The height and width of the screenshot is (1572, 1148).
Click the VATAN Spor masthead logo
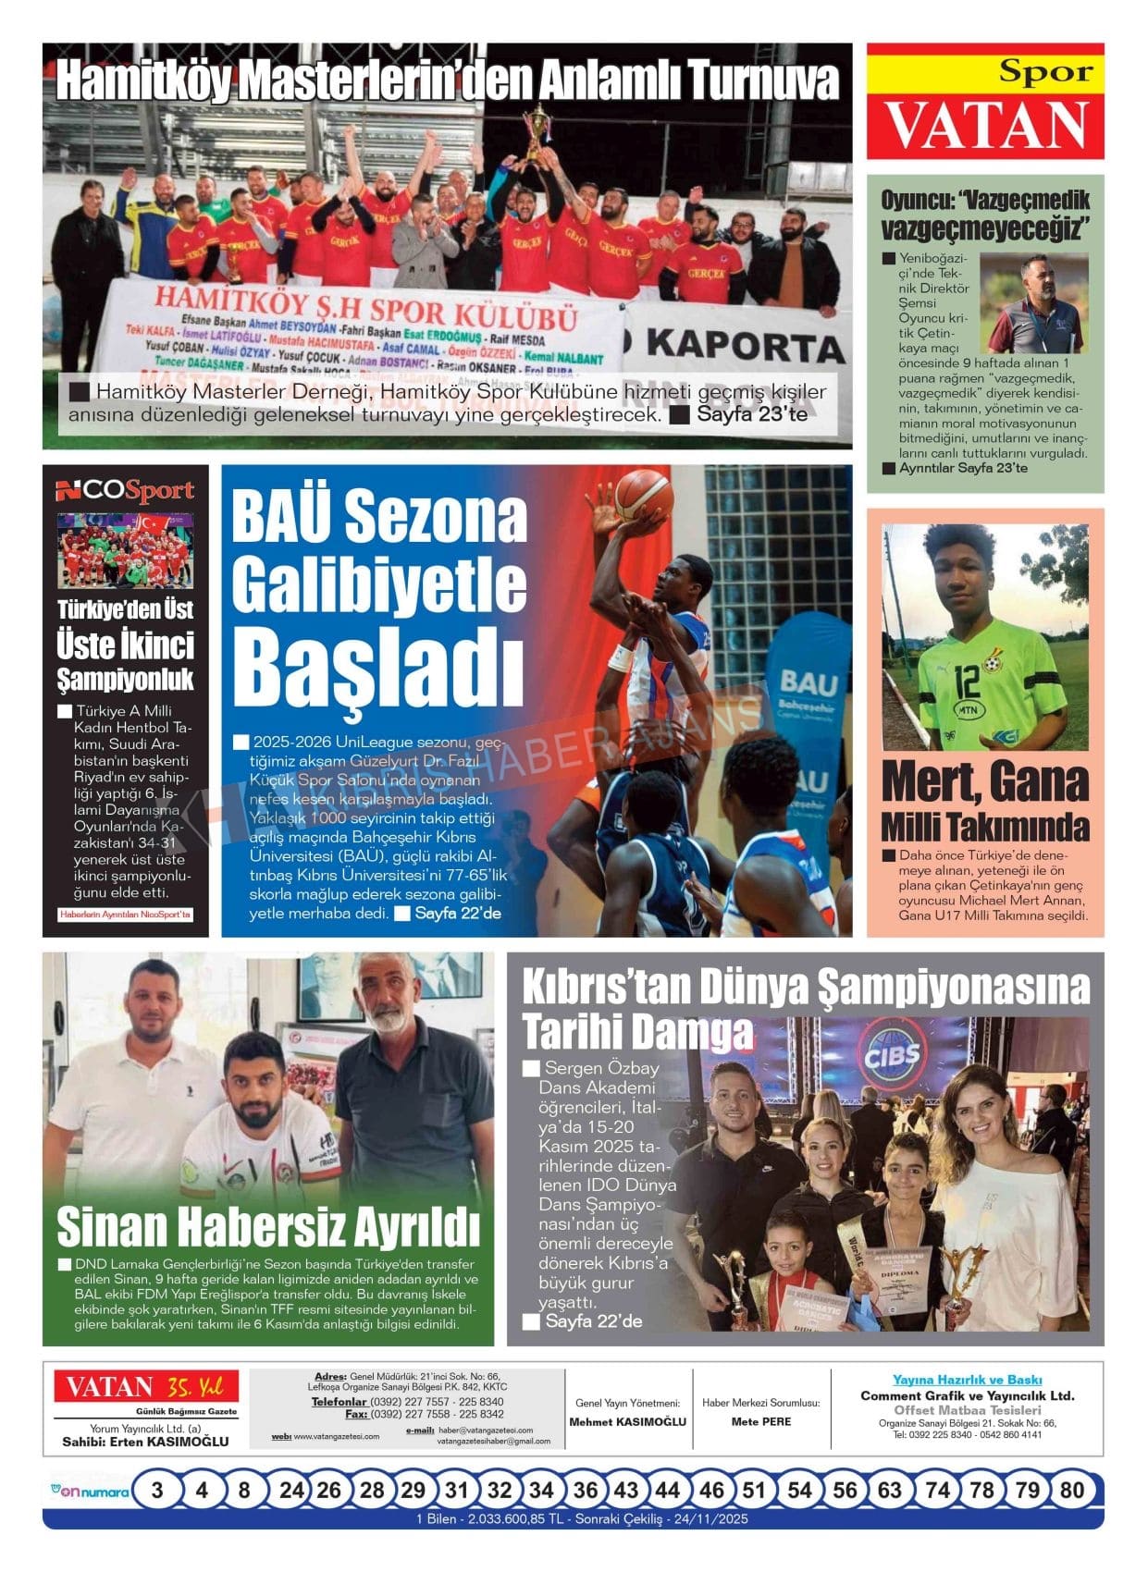[985, 103]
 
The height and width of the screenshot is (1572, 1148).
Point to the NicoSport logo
[125, 491]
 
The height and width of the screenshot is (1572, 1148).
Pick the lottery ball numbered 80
[1072, 1490]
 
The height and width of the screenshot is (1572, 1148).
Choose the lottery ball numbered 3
[157, 1490]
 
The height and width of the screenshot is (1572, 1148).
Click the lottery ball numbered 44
[668, 1490]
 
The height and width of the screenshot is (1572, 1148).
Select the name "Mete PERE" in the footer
[761, 1421]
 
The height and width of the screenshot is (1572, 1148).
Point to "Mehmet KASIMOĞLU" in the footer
[628, 1421]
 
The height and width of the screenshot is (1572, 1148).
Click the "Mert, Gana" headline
[985, 782]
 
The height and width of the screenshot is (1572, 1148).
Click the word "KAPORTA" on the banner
[746, 346]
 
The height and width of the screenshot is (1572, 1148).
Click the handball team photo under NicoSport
[125, 550]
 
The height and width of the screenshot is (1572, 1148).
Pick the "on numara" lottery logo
[89, 1491]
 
